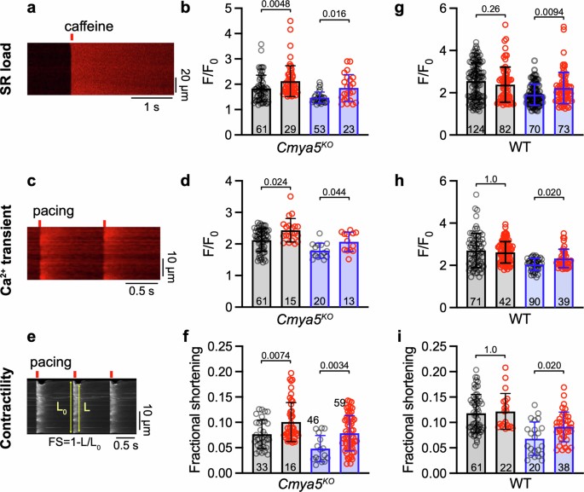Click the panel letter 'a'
pyautogui.click(x=32, y=9)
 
